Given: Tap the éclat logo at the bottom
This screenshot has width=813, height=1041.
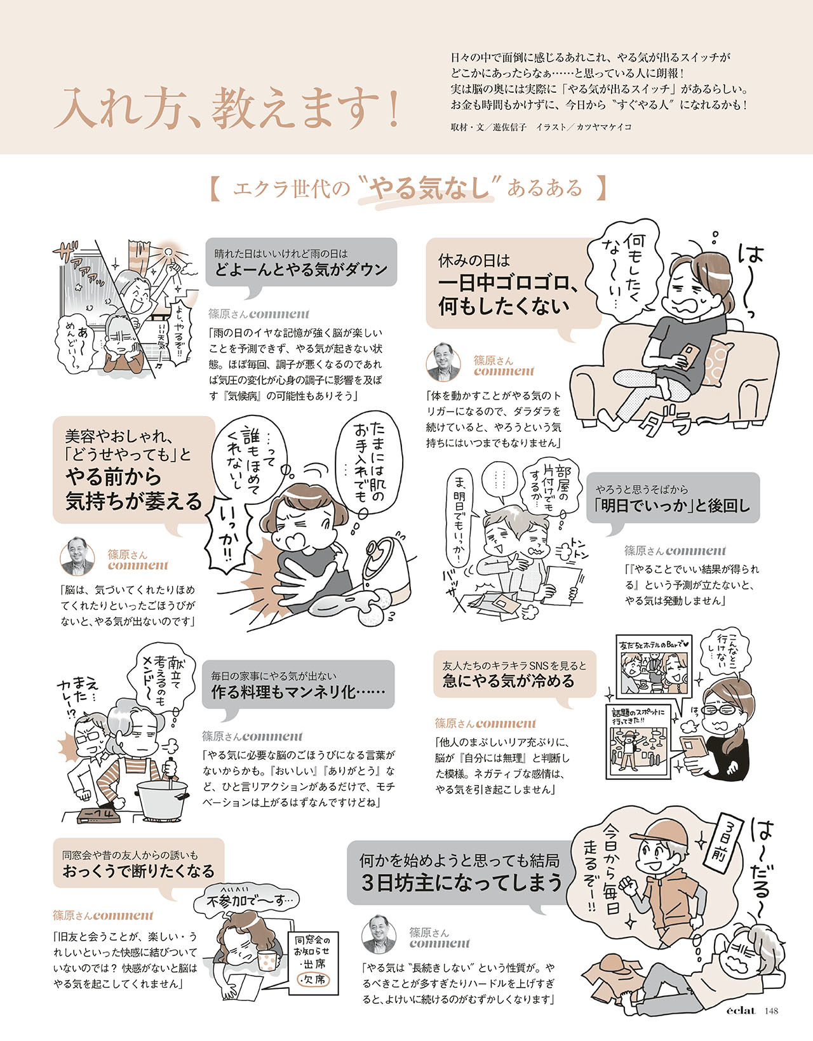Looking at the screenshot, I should [x=741, y=1011].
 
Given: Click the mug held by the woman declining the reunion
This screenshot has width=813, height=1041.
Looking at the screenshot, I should [x=269, y=955].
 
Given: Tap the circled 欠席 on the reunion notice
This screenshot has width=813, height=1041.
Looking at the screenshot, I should [x=311, y=979].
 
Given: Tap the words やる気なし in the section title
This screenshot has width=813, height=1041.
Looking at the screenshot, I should [x=431, y=189].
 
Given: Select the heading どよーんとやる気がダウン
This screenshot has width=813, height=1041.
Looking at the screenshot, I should [x=300, y=269].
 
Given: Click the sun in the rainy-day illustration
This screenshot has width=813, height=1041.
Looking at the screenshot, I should [x=168, y=253].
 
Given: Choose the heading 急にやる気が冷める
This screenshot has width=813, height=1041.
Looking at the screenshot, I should [x=508, y=681].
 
